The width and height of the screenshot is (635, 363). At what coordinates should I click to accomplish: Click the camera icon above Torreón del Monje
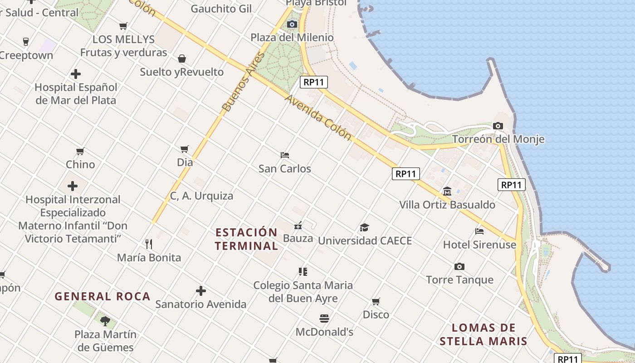coord(498,126)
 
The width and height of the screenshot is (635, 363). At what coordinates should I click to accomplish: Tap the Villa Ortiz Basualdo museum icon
coord(447,191)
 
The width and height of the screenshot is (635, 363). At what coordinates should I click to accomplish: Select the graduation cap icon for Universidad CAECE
coord(364,227)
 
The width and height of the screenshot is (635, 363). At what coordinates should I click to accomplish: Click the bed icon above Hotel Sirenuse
coord(479,231)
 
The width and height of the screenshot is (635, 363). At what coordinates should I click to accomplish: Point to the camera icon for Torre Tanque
coord(459,266)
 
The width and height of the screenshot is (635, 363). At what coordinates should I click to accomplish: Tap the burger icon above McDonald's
coord(324,319)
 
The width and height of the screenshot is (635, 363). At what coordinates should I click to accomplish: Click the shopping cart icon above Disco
coord(376,301)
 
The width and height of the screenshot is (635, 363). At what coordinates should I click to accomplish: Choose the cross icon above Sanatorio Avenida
coord(201,291)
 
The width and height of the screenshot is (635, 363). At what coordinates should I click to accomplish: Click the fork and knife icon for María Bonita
coord(149,244)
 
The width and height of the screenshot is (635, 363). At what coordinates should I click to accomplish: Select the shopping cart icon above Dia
coord(184,149)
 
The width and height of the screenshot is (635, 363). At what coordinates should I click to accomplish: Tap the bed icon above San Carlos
coord(285,155)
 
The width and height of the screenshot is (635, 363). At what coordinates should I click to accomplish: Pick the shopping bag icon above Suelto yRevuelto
coord(182,59)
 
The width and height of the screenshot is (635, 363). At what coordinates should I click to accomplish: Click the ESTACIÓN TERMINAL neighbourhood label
coord(246,239)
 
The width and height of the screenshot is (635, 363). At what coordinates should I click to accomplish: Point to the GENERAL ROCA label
coord(102,296)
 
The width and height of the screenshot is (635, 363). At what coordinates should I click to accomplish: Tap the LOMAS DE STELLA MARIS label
coord(484,334)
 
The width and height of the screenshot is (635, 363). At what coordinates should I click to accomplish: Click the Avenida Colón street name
coord(318,117)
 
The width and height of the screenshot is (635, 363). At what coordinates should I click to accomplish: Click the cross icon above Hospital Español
coord(76,74)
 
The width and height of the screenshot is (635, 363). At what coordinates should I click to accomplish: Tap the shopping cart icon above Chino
coord(80,151)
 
